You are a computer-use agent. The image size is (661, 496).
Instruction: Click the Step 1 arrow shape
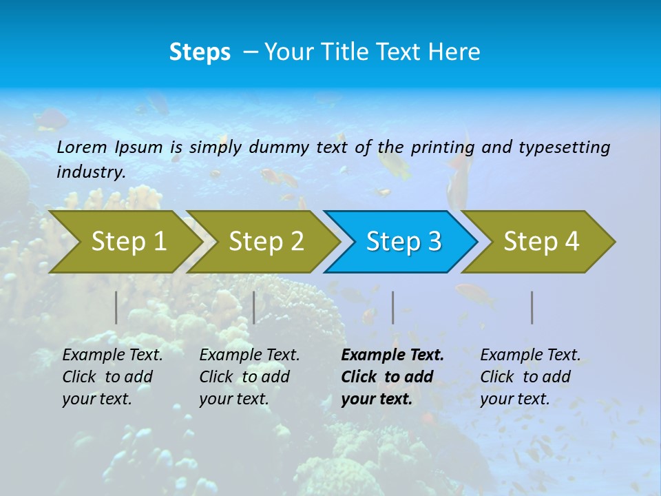coord(127,242)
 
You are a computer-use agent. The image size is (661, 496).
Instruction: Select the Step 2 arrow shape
coord(265,242)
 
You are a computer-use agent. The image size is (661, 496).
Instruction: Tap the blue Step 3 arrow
coord(403,242)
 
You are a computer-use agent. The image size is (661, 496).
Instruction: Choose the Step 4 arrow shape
coord(541,242)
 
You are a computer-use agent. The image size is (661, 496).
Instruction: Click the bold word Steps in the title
coord(200,52)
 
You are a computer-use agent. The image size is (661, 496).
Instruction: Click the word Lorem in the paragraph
coord(81,147)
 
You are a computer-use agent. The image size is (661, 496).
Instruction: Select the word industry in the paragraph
coord(90,172)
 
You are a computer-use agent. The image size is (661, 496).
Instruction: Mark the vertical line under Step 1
coord(116,307)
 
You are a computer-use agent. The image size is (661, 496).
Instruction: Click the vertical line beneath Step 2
coord(254,307)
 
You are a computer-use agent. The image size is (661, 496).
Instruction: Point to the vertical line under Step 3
coord(393,307)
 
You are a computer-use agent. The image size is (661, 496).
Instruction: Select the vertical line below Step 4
coord(532,307)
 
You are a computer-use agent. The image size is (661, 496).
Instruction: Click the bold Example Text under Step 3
coord(392,355)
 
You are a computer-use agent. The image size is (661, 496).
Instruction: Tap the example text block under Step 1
coord(112,377)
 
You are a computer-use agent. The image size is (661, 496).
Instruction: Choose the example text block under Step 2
coord(249,377)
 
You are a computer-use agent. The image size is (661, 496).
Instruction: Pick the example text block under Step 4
coord(529,377)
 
